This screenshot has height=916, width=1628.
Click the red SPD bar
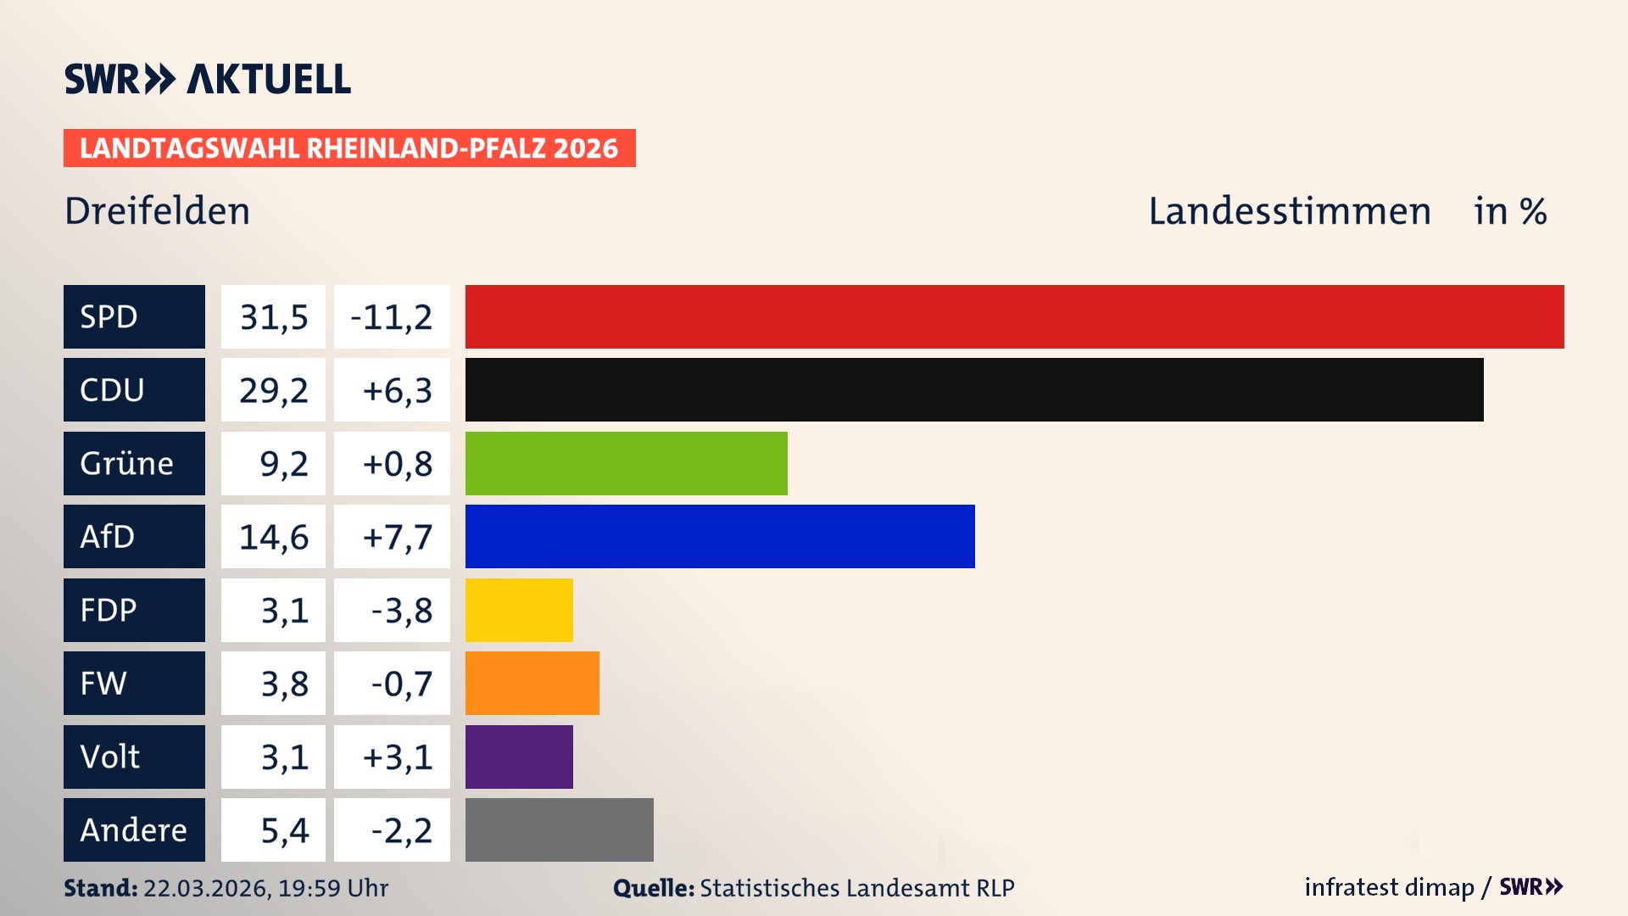1014,316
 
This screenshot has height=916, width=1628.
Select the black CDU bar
974,389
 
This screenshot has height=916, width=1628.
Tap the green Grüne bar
626,463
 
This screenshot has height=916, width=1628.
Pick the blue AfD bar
720,536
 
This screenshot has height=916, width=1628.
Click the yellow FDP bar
519,610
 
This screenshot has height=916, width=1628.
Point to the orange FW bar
532,683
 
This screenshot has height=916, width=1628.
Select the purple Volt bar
519,757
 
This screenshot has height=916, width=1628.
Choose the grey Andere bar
559,829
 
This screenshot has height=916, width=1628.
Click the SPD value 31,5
273,317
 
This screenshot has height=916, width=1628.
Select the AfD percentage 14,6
273,537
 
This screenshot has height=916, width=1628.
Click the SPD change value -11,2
392,317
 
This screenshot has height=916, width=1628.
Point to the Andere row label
134,829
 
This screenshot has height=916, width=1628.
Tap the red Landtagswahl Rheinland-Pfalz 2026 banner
349,148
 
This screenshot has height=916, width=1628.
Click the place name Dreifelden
158,211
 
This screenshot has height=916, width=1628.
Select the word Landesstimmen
1289,211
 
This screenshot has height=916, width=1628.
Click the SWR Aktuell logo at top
208,79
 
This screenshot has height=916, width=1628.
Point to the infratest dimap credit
1389,887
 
